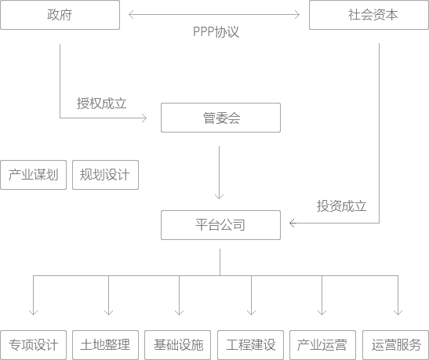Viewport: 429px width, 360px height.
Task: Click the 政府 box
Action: coord(60,15)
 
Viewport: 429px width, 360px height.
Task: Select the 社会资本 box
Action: coord(369,15)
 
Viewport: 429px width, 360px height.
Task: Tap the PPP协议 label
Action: coord(216,31)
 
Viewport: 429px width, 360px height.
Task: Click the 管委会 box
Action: coord(221,118)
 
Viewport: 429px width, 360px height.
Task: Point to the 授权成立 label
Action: coord(101,104)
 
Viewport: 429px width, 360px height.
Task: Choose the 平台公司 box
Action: coord(221,225)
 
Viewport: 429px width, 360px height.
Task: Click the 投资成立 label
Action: coord(341,206)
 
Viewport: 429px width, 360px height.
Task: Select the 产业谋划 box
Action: coord(34,175)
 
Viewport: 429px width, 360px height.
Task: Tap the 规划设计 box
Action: coord(105,175)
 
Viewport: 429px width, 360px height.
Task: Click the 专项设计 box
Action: coord(34,345)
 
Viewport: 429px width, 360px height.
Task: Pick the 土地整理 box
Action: coord(105,345)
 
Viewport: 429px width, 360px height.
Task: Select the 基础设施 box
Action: coord(177,345)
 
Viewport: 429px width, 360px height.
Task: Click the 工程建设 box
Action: coord(251,345)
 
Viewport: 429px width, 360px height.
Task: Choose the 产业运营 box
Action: coord(322,345)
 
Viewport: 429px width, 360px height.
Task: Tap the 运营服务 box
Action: coord(395,345)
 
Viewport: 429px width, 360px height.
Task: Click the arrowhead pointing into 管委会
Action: coord(145,118)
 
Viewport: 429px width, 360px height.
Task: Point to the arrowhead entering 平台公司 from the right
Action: coord(293,224)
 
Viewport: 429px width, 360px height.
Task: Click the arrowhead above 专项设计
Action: coord(34,313)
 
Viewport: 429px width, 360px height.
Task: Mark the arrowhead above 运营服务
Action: coord(398,313)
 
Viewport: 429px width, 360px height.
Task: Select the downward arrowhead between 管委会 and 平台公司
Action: coord(219,196)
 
